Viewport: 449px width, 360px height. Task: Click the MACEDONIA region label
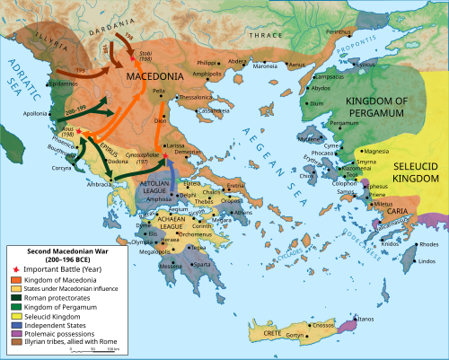coord(154,78)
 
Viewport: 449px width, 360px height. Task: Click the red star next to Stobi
coord(133,59)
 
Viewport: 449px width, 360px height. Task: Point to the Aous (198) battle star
coord(80,132)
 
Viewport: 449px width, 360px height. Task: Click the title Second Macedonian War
coord(54,250)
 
